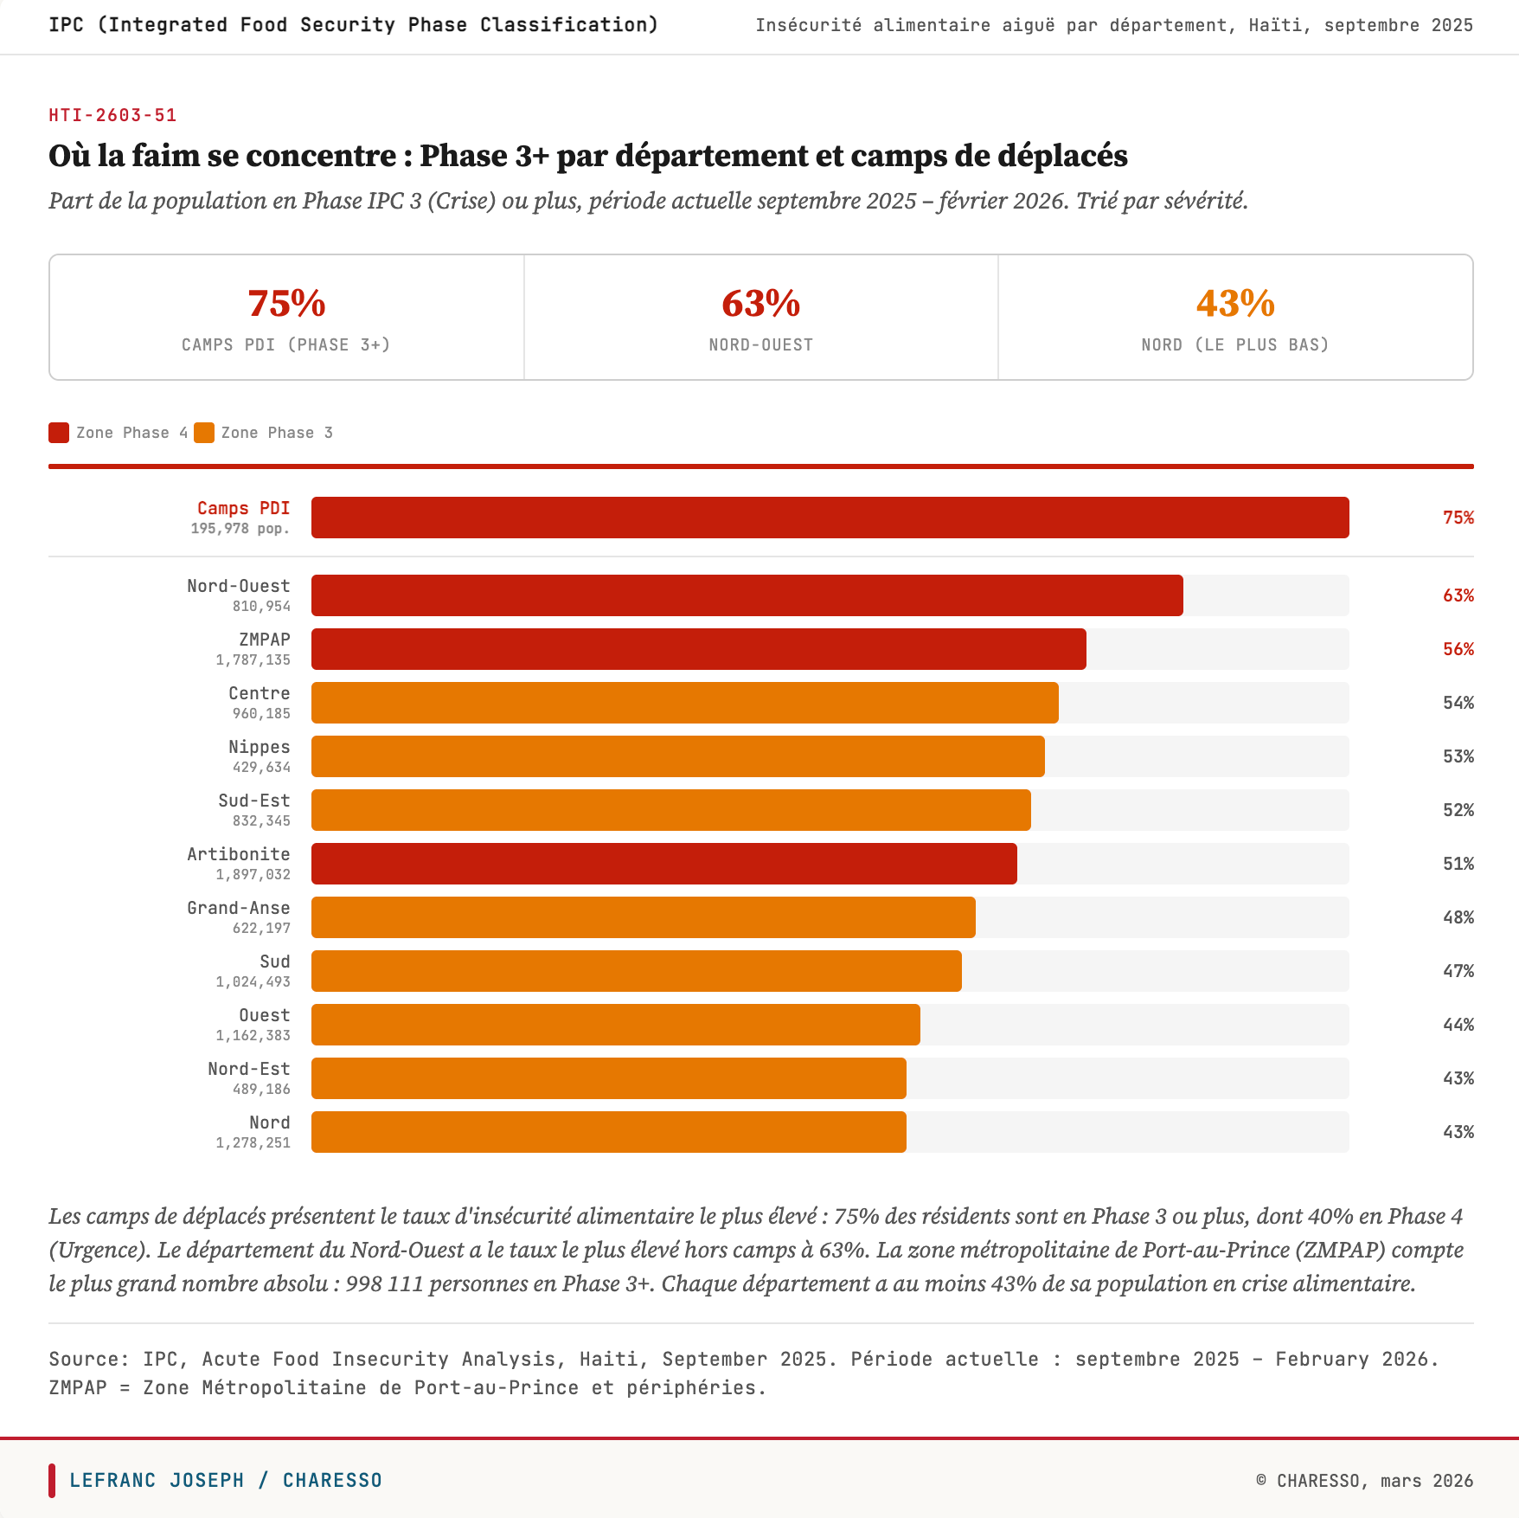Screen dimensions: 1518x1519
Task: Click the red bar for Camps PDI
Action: [830, 518]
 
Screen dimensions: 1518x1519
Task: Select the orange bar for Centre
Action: [684, 703]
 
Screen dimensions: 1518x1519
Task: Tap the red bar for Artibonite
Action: [663, 864]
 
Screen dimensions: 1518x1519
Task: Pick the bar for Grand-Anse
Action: [643, 917]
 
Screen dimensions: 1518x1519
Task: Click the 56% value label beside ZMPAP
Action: [1458, 649]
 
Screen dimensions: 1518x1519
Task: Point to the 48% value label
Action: [1458, 917]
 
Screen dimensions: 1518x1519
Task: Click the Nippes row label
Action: [259, 747]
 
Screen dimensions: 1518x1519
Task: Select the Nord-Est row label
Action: [248, 1069]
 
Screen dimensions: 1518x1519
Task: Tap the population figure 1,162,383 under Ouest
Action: [253, 1036]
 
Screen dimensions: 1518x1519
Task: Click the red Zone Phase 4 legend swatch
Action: [59, 433]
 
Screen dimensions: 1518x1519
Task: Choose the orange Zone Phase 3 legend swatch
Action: [204, 433]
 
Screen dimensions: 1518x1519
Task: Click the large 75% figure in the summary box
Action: [286, 304]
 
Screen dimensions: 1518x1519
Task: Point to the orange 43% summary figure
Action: [1235, 304]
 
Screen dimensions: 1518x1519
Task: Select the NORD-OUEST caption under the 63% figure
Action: [760, 345]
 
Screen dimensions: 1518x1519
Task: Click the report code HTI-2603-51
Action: [112, 115]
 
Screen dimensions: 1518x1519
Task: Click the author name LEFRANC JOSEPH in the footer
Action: [157, 1480]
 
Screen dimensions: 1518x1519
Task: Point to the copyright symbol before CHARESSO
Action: [1261, 1480]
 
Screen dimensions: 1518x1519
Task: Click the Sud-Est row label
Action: [253, 801]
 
